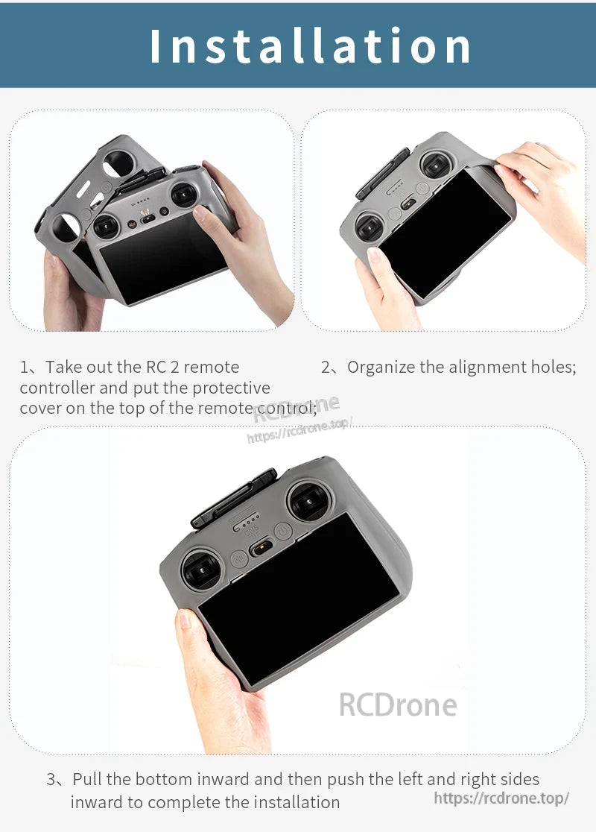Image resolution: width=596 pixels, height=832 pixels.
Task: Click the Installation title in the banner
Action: point(310,45)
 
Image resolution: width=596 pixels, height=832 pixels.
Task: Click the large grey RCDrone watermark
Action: point(397,704)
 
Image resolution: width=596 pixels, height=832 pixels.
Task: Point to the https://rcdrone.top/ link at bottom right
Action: point(501,798)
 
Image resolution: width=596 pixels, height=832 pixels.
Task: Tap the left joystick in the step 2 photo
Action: point(370,227)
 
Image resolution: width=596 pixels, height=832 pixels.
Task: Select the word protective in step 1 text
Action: point(231,388)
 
